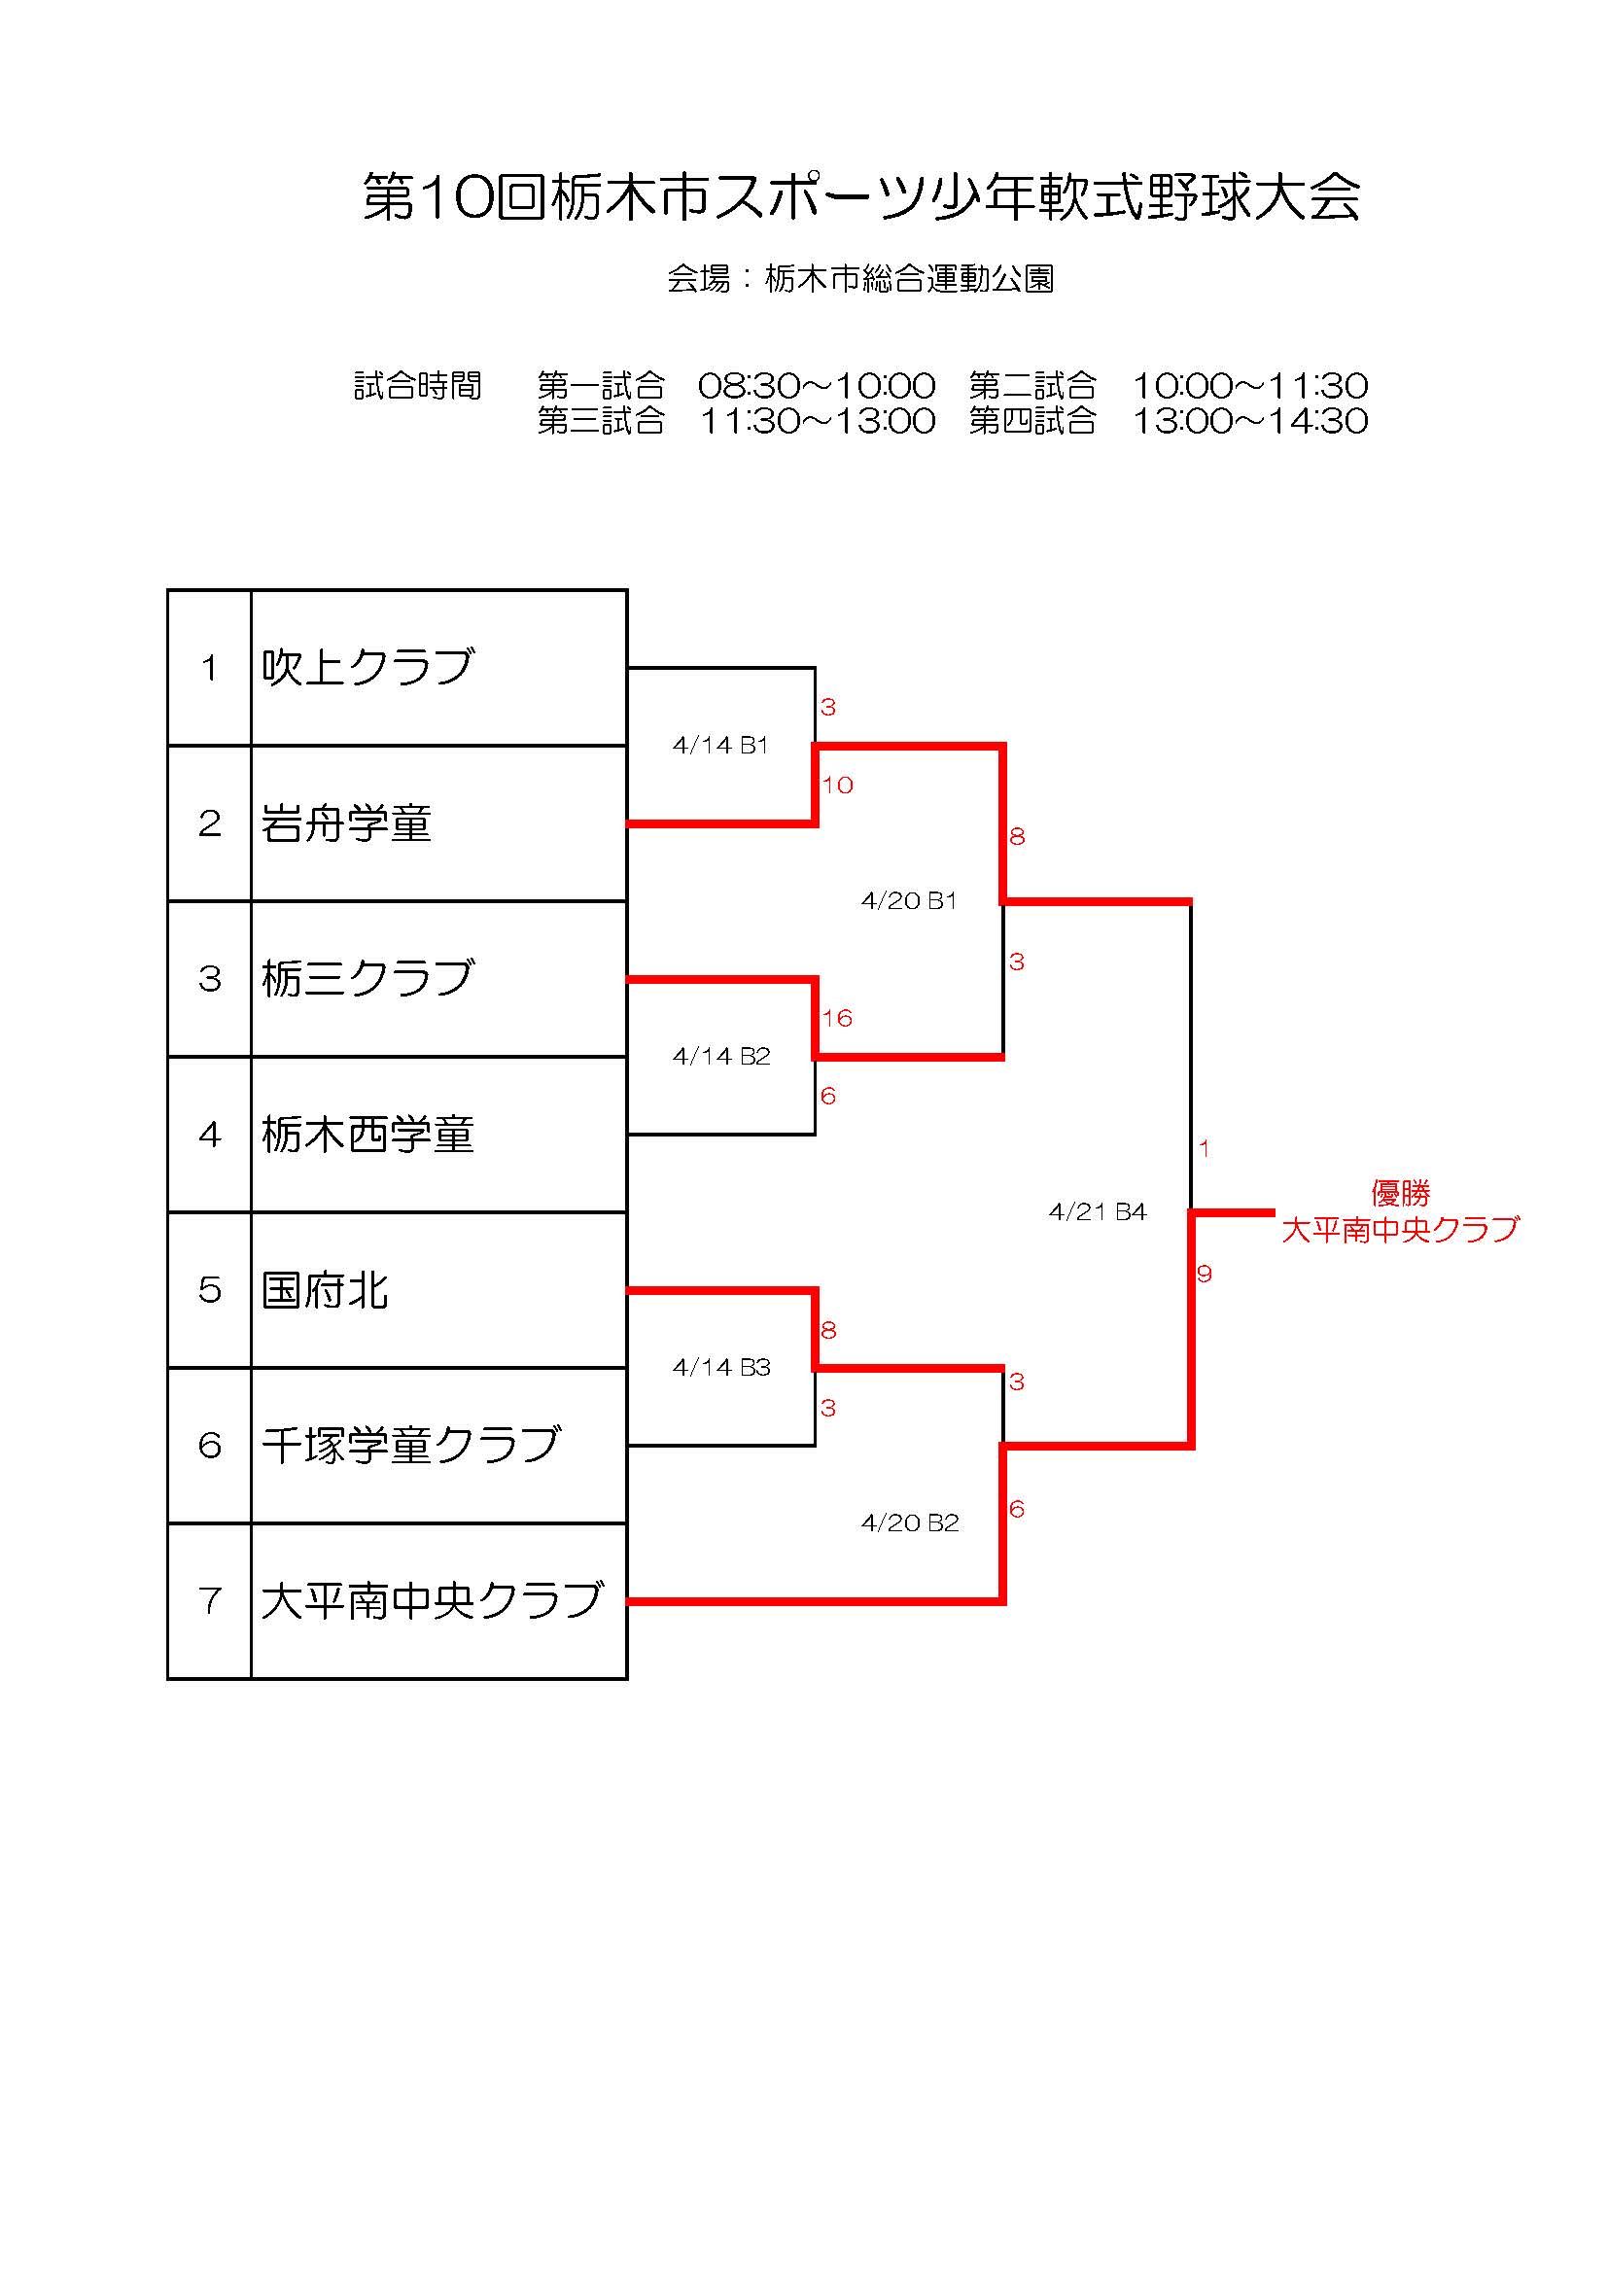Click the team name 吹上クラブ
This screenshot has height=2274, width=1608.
point(367,668)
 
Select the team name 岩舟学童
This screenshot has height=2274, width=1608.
point(346,823)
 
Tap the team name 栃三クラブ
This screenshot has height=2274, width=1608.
point(367,979)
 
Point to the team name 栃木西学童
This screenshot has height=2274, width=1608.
point(367,1134)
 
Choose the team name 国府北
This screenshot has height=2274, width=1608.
point(325,1289)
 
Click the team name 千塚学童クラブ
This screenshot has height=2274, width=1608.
point(411,1445)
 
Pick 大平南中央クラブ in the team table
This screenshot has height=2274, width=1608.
point(432,1600)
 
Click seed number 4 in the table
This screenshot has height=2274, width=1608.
point(209,1134)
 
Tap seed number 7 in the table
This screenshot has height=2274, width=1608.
point(209,1600)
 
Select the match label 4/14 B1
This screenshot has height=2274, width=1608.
point(719,746)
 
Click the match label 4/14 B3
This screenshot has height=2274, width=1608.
point(720,1368)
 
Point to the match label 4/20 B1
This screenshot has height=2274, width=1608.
point(908,901)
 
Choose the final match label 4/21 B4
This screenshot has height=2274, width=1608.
point(1097,1211)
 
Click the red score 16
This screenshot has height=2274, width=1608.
point(837,1018)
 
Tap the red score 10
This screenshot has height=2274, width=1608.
point(837,786)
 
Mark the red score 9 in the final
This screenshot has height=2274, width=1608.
point(1204,1274)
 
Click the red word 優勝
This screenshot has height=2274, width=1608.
point(1400,1193)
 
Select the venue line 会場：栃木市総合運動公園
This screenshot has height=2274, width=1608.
point(859,279)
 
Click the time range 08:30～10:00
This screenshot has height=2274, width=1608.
point(817,385)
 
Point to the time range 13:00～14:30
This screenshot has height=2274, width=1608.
point(1249,422)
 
